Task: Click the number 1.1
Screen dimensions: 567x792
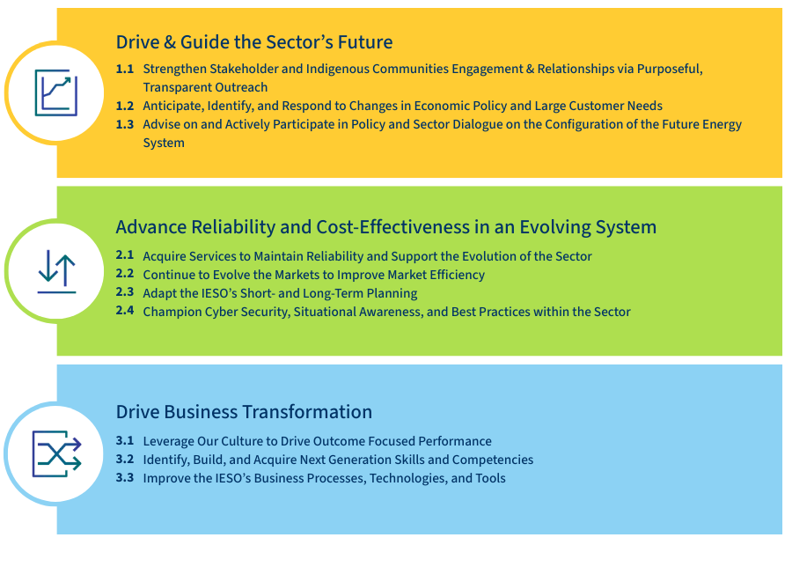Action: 125,69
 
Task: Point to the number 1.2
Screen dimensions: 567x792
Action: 125,106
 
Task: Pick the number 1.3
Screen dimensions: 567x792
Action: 125,124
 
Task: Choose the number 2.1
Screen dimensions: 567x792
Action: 125,256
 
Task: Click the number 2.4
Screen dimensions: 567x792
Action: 125,311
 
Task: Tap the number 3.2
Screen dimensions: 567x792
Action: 125,460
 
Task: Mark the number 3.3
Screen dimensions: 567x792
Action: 125,478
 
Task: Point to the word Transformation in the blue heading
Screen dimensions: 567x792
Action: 308,412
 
